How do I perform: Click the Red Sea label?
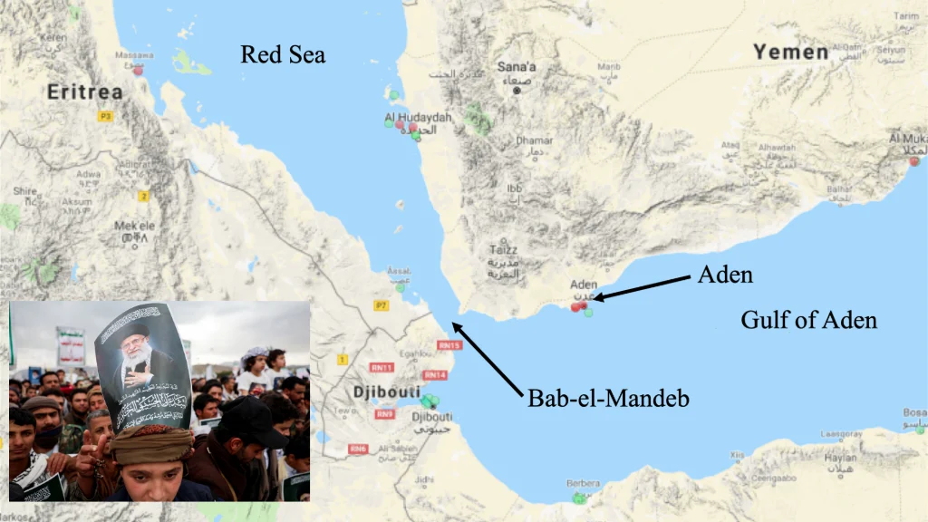(283, 55)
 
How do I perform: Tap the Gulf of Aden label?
(808, 319)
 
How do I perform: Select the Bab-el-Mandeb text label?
(608, 398)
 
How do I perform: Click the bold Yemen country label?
(790, 53)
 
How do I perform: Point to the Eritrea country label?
(84, 92)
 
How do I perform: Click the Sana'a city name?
(517, 67)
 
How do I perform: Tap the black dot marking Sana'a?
(517, 91)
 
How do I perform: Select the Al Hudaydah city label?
(418, 118)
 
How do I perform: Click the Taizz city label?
(505, 249)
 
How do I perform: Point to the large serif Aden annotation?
(725, 275)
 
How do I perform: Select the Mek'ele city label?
(134, 226)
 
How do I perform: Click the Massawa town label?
(134, 56)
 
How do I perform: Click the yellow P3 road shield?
(106, 116)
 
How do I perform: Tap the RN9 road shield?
(385, 414)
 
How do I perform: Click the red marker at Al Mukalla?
(913, 161)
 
